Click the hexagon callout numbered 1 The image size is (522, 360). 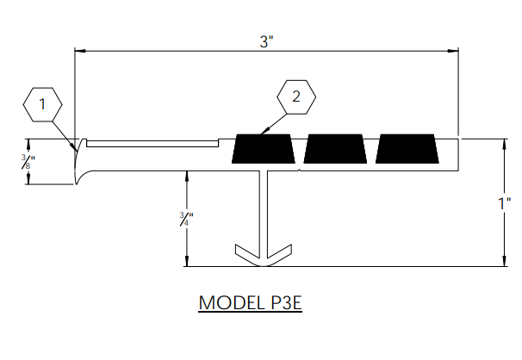42,105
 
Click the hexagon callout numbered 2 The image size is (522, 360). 296,98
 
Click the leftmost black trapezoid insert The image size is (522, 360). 264,149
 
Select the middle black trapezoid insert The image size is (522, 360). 336,149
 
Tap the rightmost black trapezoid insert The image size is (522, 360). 407,149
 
